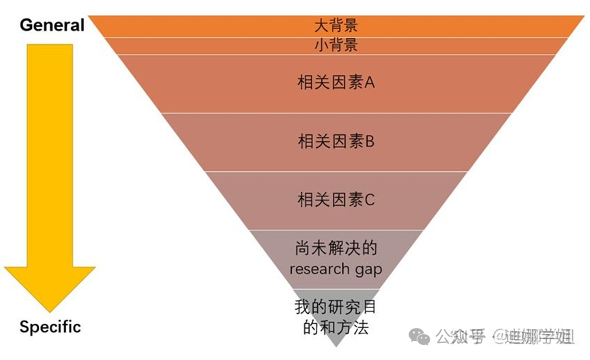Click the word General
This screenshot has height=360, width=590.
(x=52, y=26)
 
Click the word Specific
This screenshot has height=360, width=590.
(x=50, y=327)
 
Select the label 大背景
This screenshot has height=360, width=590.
(x=336, y=26)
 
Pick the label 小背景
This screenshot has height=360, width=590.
(x=336, y=46)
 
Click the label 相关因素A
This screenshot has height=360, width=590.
(x=336, y=83)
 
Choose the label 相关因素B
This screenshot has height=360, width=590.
(x=336, y=142)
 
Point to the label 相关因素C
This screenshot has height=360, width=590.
(x=336, y=200)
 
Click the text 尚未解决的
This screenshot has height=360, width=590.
(x=336, y=248)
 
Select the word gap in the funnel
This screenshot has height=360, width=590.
(x=368, y=269)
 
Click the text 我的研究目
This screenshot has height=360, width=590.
(x=336, y=307)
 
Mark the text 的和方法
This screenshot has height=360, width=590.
(x=336, y=327)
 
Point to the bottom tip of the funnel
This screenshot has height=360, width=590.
(x=335, y=345)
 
